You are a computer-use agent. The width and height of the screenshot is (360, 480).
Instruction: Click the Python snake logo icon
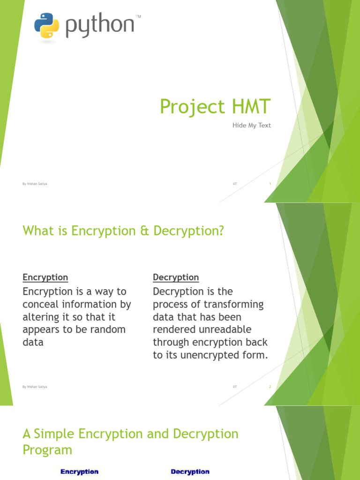47,25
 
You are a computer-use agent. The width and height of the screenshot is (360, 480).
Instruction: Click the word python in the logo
100,27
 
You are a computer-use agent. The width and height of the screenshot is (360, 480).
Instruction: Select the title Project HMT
215,107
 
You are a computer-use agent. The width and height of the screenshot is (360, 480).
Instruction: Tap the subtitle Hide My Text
252,126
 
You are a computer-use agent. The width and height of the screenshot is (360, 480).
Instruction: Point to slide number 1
270,184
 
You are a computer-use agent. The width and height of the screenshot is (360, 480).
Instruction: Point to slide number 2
270,387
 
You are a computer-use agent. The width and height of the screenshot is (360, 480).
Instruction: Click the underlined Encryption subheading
45,277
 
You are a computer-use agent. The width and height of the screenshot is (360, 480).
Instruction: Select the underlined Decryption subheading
176,277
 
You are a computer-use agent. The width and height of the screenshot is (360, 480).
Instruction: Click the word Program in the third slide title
47,450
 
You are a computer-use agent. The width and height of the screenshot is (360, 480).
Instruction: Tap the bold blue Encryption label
79,472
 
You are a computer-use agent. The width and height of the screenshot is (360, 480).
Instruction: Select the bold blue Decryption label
190,472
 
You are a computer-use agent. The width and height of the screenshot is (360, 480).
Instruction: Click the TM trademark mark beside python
138,17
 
